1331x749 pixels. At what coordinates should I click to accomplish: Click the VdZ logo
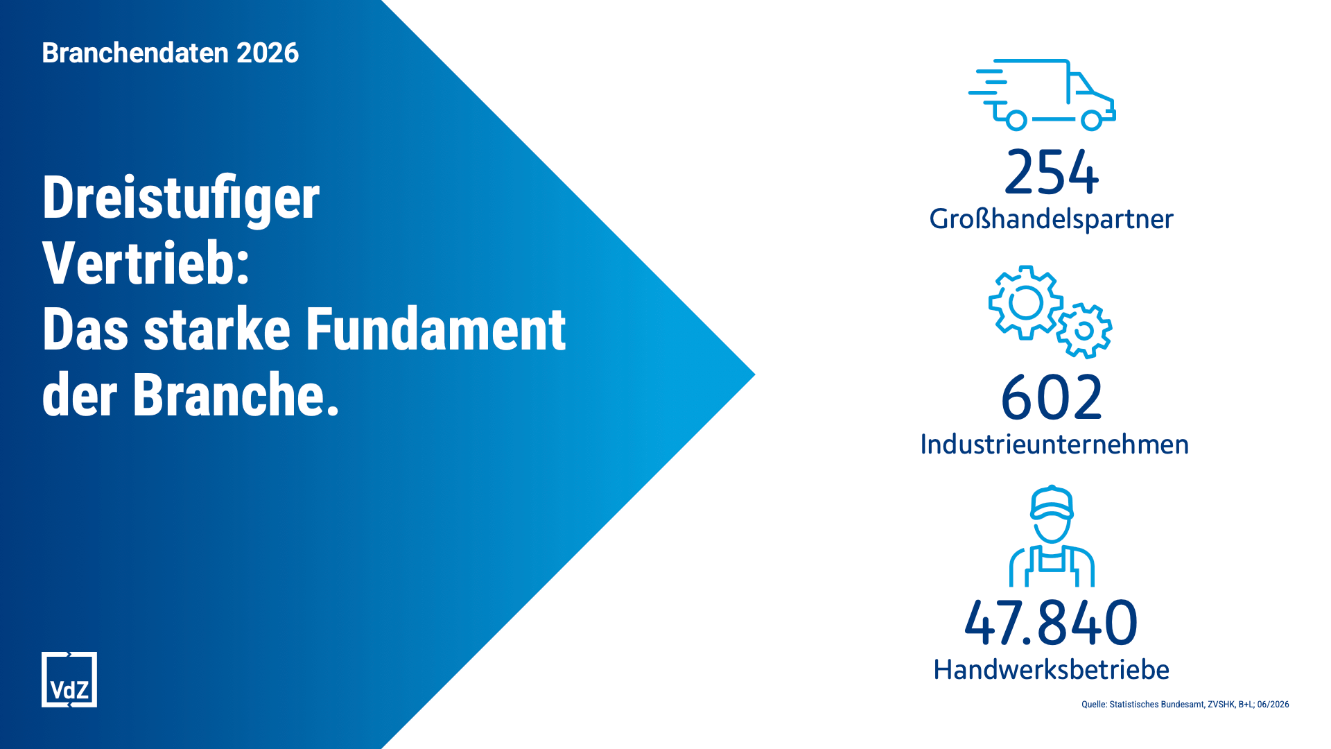point(69,680)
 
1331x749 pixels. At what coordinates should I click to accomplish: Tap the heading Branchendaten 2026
point(171,53)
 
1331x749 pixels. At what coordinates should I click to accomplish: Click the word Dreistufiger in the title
point(181,198)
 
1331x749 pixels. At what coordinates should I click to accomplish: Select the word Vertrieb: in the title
point(146,264)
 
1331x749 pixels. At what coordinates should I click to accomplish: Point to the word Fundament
point(436,329)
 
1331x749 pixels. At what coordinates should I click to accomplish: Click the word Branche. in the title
point(236,395)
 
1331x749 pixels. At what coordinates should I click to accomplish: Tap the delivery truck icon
point(1042,95)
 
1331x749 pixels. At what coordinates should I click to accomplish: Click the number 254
point(1052,172)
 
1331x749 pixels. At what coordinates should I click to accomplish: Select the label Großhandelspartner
point(1051,219)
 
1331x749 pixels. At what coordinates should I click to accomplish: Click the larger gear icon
point(1025,302)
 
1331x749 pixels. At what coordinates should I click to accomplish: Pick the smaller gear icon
point(1084,331)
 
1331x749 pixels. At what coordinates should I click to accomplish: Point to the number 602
point(1052,397)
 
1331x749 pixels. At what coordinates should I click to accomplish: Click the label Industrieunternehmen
point(1054,445)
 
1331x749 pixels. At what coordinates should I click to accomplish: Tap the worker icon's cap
point(1052,502)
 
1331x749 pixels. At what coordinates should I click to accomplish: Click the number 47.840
point(1051,622)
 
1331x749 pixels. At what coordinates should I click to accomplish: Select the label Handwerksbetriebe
point(1051,670)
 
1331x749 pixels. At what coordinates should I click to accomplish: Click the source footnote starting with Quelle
point(1185,705)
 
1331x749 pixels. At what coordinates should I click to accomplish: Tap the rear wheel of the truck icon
point(1016,121)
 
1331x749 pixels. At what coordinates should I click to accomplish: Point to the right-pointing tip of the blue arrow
point(755,374)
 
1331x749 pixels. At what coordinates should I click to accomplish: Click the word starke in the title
point(217,329)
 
